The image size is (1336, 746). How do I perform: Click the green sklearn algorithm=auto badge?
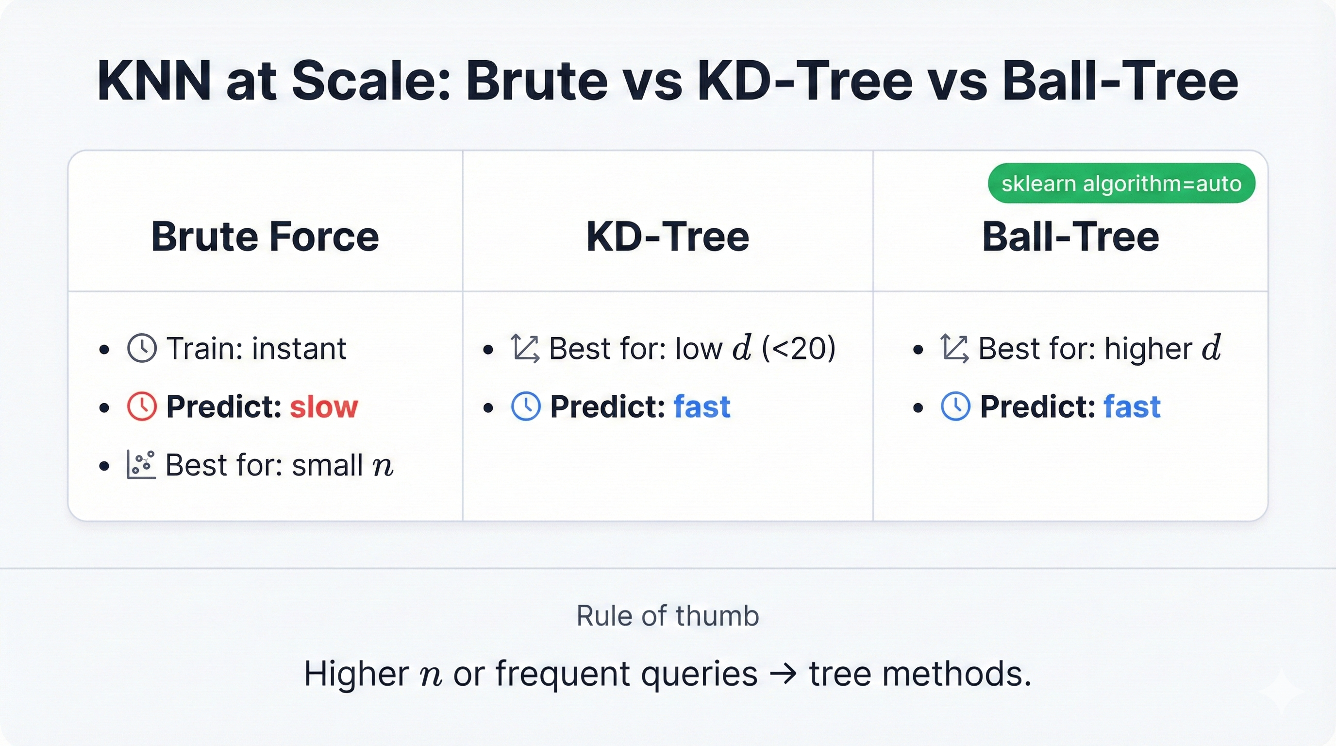[x=1121, y=183]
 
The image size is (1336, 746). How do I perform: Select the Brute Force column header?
[x=265, y=237]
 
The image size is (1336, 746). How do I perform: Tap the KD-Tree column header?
[x=668, y=237]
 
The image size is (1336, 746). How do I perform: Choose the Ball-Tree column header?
[x=1070, y=237]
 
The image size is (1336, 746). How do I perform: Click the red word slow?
[x=324, y=407]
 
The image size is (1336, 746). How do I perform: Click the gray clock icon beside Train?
[x=142, y=348]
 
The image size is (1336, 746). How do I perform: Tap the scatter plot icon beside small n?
[x=141, y=464]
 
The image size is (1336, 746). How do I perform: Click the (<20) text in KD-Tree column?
[x=799, y=348]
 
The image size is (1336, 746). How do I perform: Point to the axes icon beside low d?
[x=525, y=348]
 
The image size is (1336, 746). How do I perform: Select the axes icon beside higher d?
[x=954, y=348]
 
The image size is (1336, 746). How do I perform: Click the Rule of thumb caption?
[x=668, y=616]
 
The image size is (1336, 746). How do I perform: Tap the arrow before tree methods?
[x=783, y=675]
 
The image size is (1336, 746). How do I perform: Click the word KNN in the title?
[x=154, y=82]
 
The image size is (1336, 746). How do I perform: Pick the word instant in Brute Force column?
[x=299, y=348]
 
